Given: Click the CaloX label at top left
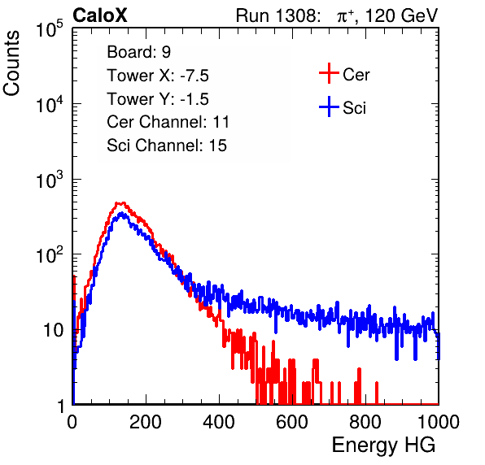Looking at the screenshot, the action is [100, 15].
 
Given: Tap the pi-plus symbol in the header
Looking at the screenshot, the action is [345, 16].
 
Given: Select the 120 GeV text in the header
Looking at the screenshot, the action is [402, 15].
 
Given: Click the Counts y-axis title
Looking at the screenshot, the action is [11, 63].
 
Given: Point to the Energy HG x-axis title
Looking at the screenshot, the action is [383, 445].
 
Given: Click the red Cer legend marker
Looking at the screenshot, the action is [329, 73].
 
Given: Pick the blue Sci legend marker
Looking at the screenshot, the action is [329, 106].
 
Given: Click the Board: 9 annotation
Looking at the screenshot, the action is [138, 52].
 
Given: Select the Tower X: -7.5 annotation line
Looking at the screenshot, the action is [158, 76].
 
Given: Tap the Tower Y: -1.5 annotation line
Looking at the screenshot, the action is [158, 99].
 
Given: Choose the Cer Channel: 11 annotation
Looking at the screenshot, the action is [168, 122].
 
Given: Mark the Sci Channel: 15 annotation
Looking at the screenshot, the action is [167, 146].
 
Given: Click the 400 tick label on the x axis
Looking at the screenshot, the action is [219, 422].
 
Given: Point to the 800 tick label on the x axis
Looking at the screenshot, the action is [365, 422].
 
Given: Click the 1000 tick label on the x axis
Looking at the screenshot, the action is [439, 422].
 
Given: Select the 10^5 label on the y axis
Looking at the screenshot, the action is [50, 29].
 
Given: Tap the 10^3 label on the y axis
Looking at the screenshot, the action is [50, 180].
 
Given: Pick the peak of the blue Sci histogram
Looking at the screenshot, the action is [122, 213].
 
